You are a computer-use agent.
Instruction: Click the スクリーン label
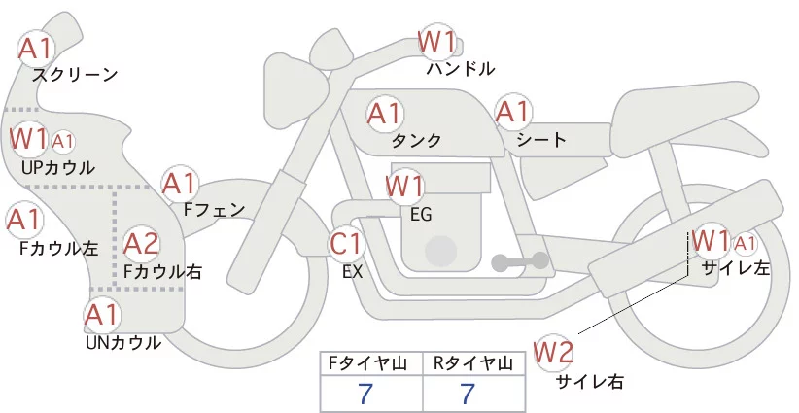click(x=75, y=75)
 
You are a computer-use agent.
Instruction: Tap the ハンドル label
click(x=461, y=69)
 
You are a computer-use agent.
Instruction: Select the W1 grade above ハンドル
click(x=436, y=41)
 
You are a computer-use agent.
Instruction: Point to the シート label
click(x=541, y=140)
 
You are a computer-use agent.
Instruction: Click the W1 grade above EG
click(x=404, y=185)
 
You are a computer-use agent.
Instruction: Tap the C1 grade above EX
click(x=346, y=243)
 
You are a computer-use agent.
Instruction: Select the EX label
click(x=353, y=273)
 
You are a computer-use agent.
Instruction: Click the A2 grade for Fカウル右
click(x=141, y=243)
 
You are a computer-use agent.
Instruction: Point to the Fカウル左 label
click(x=59, y=248)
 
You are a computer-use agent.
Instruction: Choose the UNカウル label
click(x=122, y=343)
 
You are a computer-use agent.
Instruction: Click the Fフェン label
click(x=215, y=209)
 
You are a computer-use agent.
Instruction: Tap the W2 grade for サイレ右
click(x=554, y=352)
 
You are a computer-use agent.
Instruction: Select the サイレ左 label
click(x=736, y=268)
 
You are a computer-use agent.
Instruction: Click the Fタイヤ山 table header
click(x=371, y=364)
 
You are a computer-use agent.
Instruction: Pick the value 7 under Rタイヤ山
click(x=468, y=395)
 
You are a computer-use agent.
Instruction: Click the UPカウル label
click(x=57, y=168)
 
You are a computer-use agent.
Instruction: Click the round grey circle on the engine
click(x=442, y=251)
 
